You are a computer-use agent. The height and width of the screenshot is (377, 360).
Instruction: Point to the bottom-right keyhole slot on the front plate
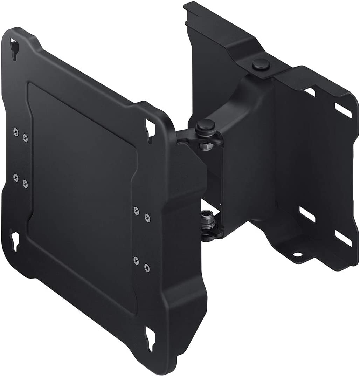tap(151, 338)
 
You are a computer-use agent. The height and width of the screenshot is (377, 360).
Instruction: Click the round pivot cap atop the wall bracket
tap(258, 65)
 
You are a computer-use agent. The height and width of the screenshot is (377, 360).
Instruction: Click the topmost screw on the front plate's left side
tap(16, 131)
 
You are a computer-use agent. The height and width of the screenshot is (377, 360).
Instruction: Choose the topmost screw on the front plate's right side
tap(136, 210)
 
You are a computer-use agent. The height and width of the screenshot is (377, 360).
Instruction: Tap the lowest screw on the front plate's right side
tap(147, 268)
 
